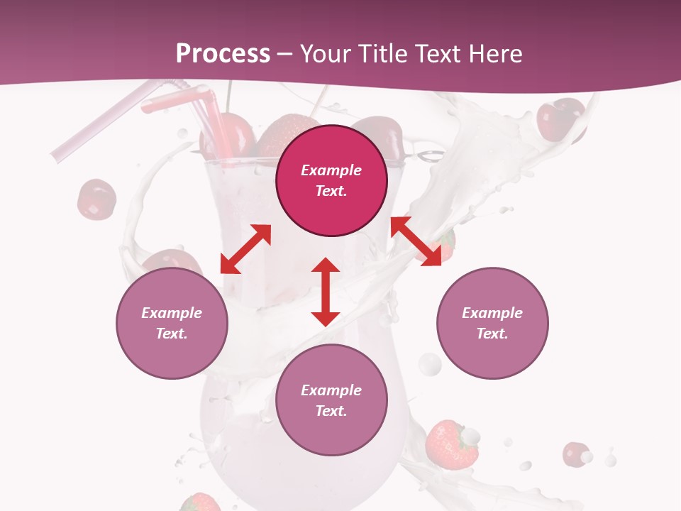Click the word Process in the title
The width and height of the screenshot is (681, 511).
223,54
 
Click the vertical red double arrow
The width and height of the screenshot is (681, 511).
326,292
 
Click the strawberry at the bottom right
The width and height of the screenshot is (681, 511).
451,444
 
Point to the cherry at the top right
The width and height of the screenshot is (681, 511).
560,120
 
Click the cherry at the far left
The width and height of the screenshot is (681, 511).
96,199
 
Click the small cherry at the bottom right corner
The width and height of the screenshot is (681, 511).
575,454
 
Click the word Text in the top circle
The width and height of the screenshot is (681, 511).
331,191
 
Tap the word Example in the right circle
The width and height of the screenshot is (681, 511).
492,313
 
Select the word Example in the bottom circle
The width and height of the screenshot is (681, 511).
331,390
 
